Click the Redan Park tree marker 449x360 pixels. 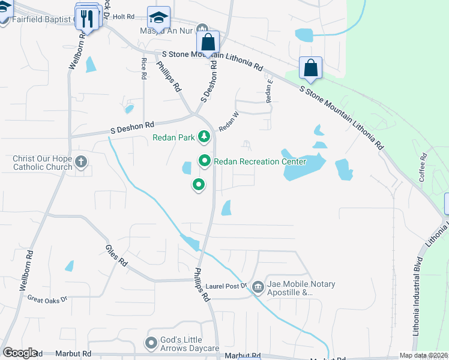(205, 137)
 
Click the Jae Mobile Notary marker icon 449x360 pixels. (258, 287)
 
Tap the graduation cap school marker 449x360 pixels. (159, 17)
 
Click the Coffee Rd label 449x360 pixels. (423, 167)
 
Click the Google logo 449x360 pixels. (20, 353)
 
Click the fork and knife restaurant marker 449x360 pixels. (88, 19)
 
